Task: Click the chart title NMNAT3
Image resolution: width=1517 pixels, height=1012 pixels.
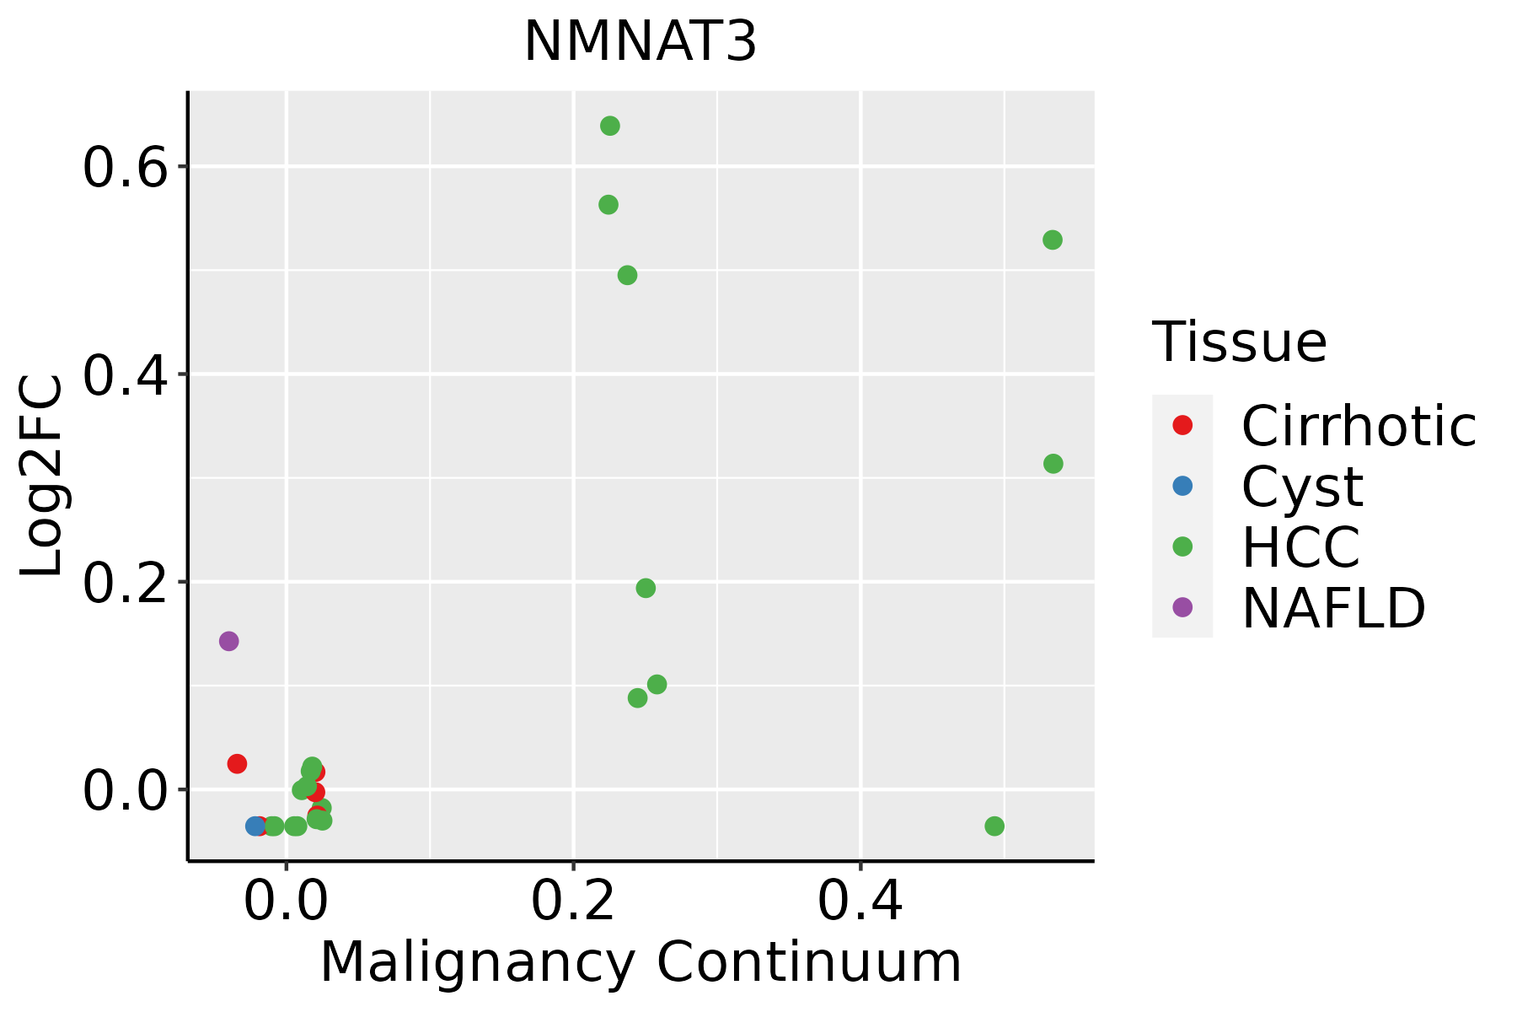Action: click(641, 42)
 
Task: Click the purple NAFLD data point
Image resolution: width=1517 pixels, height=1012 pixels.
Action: click(228, 641)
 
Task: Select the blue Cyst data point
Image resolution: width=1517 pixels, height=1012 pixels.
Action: click(255, 826)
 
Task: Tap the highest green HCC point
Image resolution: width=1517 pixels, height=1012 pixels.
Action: click(610, 126)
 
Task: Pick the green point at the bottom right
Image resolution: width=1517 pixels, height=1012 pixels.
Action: click(994, 826)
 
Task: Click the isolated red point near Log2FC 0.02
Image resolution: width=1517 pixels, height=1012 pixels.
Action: click(237, 763)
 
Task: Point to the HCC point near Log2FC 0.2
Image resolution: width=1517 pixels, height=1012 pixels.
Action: click(646, 588)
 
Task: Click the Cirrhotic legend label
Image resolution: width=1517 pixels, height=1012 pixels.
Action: click(1359, 426)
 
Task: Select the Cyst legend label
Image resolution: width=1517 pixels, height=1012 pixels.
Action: click(1302, 487)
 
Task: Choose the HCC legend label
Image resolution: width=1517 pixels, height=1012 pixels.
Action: click(1300, 547)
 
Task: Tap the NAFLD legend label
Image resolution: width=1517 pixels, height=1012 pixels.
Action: click(1333, 608)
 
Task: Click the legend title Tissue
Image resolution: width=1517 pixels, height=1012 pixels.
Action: click(1239, 342)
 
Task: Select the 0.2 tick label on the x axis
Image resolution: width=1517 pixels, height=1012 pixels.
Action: click(573, 901)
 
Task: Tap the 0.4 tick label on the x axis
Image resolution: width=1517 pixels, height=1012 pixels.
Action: click(860, 901)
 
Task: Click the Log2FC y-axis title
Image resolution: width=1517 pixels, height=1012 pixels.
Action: click(42, 476)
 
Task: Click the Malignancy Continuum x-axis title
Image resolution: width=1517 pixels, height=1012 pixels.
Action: click(641, 962)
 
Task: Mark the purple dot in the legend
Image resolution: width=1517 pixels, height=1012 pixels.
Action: click(1182, 607)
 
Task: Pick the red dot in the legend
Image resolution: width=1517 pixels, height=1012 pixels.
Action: click(1182, 425)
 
